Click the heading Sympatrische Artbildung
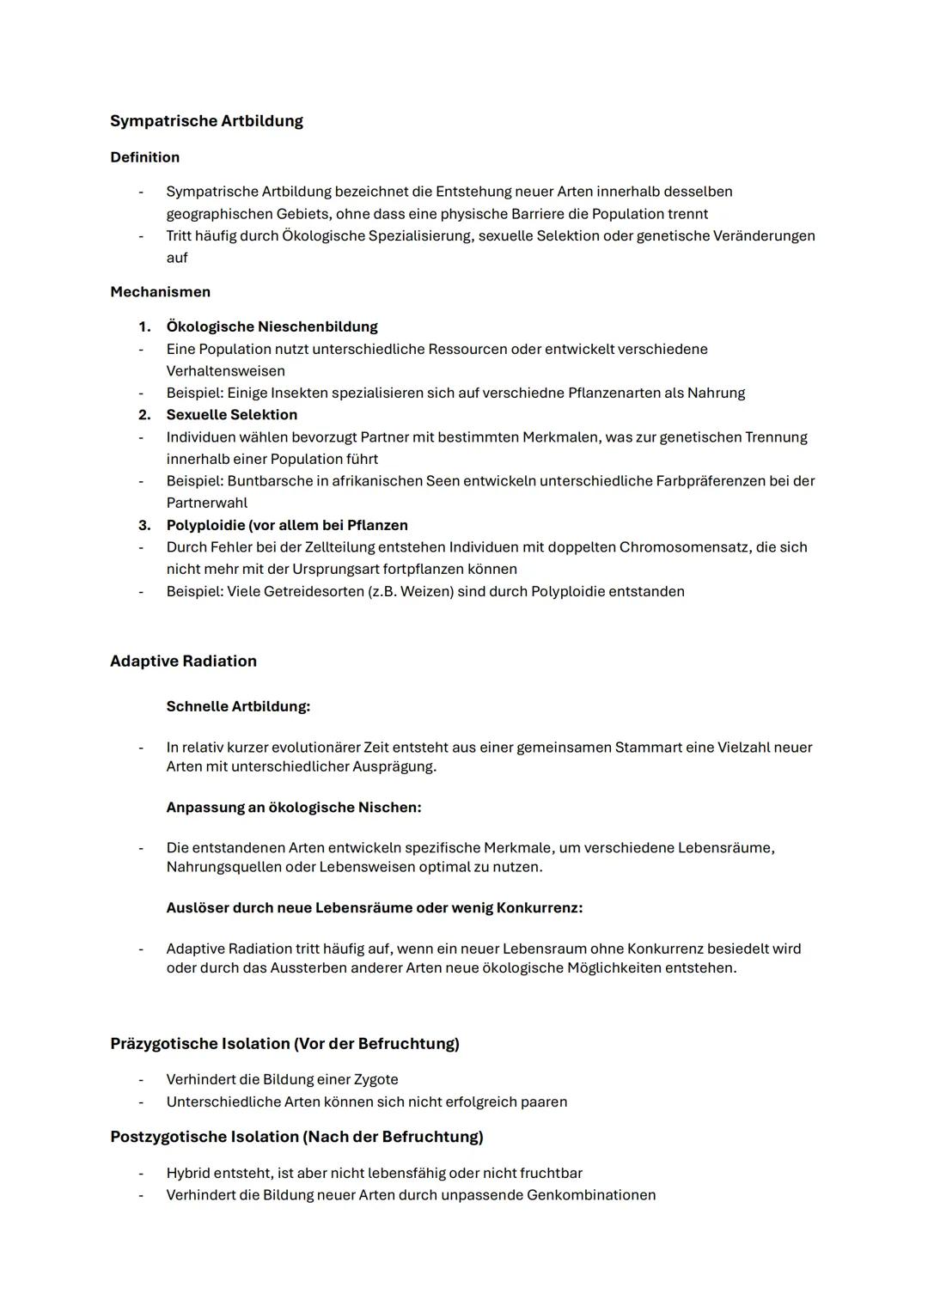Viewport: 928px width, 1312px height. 206,121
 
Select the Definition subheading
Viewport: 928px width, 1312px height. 144,157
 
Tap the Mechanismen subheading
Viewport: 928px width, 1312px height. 160,292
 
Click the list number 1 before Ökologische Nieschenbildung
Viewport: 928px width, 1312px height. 144,327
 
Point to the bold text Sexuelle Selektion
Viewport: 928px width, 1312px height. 231,415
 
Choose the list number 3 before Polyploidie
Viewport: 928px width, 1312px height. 144,525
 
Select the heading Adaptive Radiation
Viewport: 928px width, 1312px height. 183,662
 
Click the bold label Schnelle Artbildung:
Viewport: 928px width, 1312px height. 238,706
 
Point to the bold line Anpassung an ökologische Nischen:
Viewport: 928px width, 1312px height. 293,808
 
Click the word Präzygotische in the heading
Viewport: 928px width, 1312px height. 164,1044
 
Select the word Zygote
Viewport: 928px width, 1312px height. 375,1080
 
